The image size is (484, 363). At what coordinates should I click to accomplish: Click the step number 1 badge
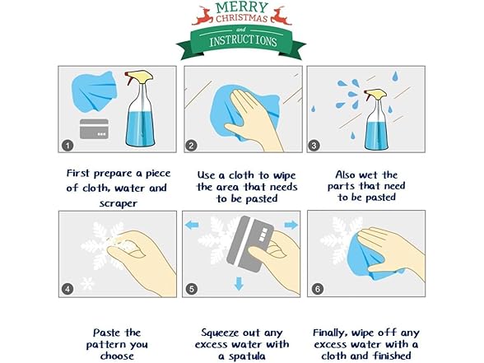(67, 146)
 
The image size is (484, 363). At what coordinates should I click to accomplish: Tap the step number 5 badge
(191, 289)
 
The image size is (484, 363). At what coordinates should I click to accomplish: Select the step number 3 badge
(314, 146)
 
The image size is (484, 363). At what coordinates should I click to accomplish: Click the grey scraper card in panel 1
(94, 128)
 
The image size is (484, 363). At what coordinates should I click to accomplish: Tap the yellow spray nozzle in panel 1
(139, 77)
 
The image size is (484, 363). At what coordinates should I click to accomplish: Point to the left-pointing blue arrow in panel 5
(192, 225)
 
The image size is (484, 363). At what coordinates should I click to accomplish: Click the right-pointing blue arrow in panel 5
(291, 225)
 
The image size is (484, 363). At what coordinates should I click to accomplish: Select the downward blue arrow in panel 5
(239, 284)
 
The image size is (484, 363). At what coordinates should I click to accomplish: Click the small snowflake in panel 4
(87, 283)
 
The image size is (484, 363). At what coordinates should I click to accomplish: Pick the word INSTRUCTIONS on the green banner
(243, 41)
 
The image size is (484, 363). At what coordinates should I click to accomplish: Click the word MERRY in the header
(242, 7)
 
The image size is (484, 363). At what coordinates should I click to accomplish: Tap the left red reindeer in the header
(202, 16)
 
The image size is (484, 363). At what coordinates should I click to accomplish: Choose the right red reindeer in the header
(281, 16)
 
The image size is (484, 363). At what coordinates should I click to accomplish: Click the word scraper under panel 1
(119, 204)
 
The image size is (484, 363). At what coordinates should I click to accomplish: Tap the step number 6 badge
(318, 289)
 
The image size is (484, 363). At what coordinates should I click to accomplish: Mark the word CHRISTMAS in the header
(241, 18)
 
